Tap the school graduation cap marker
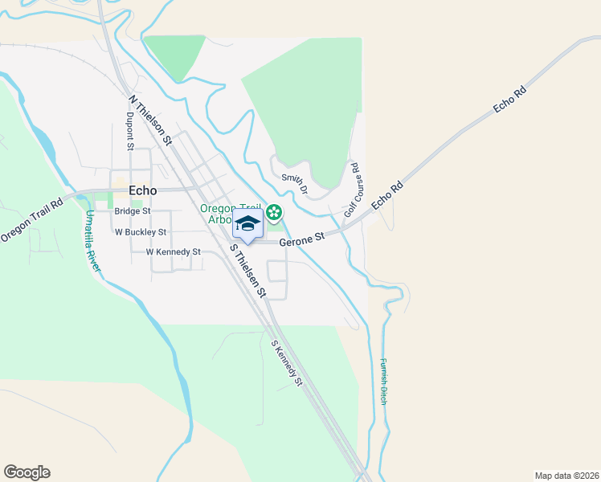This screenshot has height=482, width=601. pyautogui.click(x=247, y=224)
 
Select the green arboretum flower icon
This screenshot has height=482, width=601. pyautogui.click(x=274, y=213)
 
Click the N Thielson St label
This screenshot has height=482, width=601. pyautogui.click(x=150, y=120)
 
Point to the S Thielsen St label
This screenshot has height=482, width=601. pyautogui.click(x=247, y=271)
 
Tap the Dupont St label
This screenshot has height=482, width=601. pyautogui.click(x=129, y=131)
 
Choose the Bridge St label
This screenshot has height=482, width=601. pyautogui.click(x=133, y=211)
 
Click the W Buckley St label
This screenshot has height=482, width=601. pyautogui.click(x=140, y=232)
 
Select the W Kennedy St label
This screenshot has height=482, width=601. pyautogui.click(x=173, y=251)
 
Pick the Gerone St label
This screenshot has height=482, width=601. pyautogui.click(x=301, y=239)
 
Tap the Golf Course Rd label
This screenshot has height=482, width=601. pyautogui.click(x=351, y=190)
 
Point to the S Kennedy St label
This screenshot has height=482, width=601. pyautogui.click(x=286, y=364)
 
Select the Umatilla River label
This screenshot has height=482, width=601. pyautogui.click(x=92, y=241)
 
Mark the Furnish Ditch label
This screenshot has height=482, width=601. pyautogui.click(x=384, y=380)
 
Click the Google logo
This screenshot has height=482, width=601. pyautogui.click(x=27, y=472)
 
